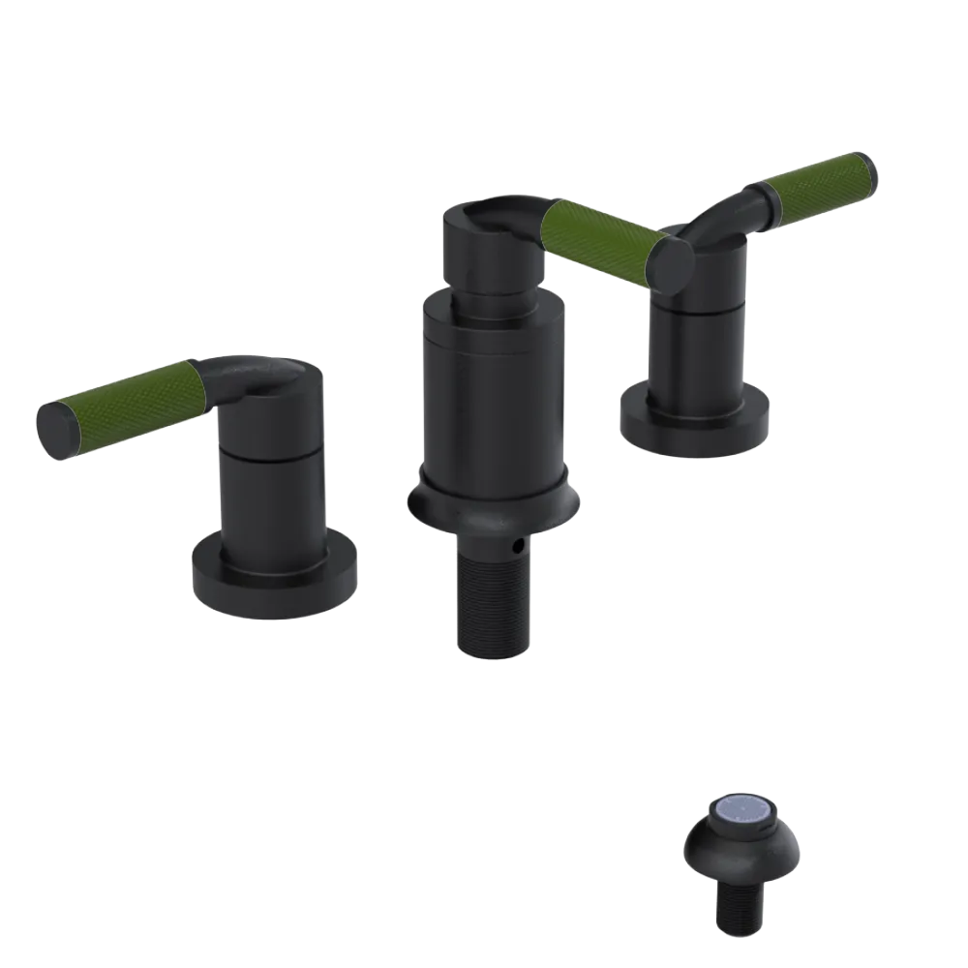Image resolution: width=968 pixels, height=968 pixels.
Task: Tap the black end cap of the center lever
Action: point(671,261)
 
